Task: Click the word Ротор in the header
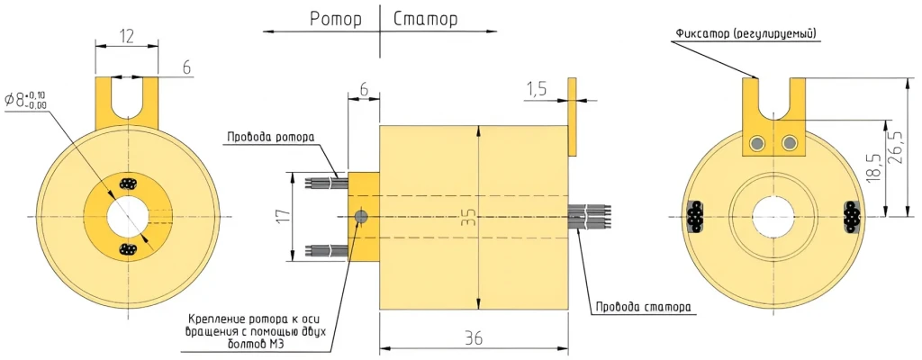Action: click(337, 18)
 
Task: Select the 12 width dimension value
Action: click(126, 36)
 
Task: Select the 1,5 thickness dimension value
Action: click(537, 88)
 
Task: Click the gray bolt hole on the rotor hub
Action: click(361, 217)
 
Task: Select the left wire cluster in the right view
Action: click(695, 217)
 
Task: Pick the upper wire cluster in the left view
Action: click(127, 184)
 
